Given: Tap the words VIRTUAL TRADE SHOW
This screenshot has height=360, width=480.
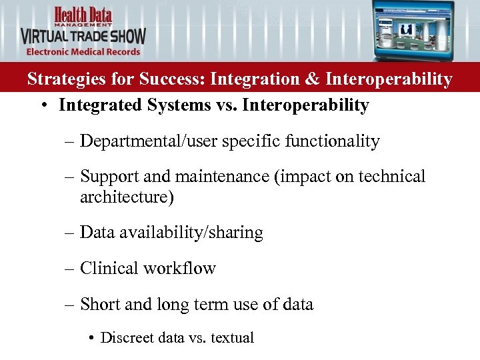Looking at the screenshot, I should tap(83, 35).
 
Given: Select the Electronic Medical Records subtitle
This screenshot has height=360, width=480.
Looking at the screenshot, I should tap(83, 52).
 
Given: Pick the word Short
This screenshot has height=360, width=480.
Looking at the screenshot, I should tap(100, 305).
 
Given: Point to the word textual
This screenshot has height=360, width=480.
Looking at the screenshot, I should tap(232, 338).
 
